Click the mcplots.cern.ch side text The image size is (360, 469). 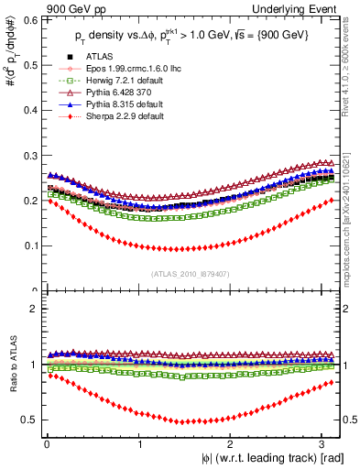[352, 211]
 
